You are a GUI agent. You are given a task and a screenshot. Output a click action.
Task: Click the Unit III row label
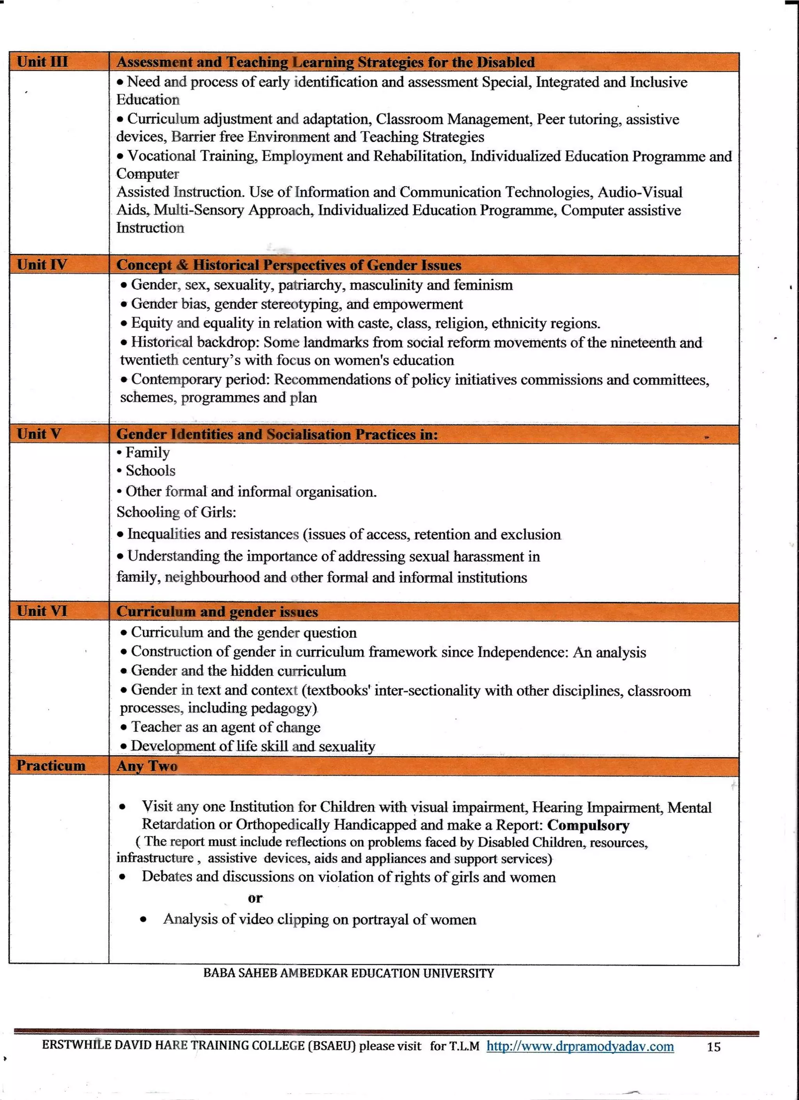coord(42,62)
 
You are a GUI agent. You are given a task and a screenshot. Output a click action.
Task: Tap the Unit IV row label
coord(42,265)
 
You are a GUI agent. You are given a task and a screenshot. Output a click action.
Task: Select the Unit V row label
coord(39,434)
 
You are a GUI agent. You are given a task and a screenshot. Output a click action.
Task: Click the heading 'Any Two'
coord(147,766)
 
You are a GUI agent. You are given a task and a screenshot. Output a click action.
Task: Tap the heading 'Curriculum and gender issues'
coord(217,612)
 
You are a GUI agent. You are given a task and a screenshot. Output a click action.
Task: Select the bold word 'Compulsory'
coord(588,825)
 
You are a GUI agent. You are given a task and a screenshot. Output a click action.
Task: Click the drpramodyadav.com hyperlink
coord(580,1046)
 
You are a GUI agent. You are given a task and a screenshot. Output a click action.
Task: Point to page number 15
coord(713,1047)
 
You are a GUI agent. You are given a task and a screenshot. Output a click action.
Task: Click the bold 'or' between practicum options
coord(255,898)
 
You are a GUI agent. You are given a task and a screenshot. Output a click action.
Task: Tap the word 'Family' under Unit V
coord(147,452)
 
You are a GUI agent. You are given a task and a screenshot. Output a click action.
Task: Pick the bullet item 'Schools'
coord(150,470)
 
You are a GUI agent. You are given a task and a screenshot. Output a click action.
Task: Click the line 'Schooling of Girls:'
coord(176,512)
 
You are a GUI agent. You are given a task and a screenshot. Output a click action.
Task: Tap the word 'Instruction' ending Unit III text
coord(150,228)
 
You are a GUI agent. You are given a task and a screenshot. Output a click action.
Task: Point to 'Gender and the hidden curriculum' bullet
coord(238,671)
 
